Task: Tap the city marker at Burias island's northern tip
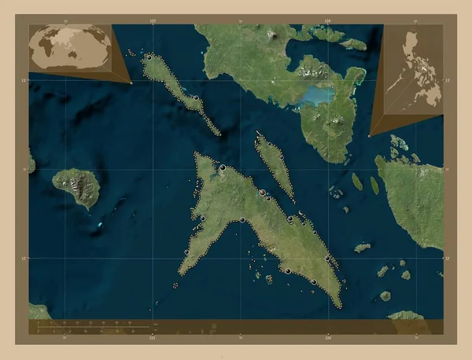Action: pos(149,57)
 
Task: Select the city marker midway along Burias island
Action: pos(196,97)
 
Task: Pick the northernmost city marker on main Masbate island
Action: pos(223,168)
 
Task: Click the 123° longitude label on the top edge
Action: pos(151,18)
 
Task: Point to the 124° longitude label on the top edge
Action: pos(327,18)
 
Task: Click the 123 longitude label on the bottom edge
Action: pos(151,339)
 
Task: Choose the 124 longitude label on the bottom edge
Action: pos(327,339)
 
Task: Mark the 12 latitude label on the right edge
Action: pos(448,258)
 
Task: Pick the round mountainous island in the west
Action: pos(76,187)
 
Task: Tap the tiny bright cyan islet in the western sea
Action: pos(99,225)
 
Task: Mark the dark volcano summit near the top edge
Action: pos(275,35)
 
